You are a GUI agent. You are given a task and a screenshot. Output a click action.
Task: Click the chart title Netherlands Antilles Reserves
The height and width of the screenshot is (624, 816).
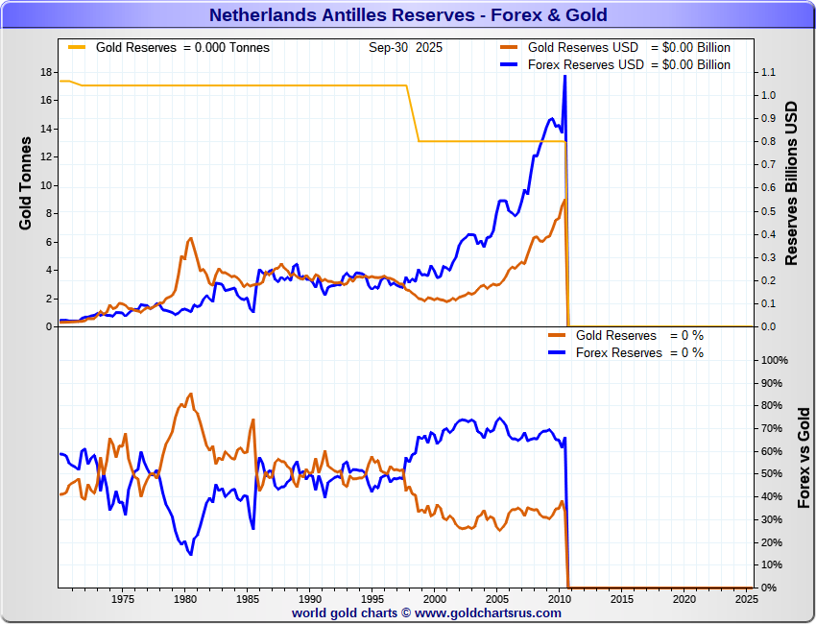click(408, 14)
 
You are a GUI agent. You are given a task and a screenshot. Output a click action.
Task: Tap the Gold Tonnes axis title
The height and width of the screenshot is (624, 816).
click(26, 182)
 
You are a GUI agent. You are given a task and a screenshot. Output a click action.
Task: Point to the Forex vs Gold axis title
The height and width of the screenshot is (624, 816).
click(804, 457)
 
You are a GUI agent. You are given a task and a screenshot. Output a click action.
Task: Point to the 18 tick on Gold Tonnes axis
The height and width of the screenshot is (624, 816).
click(45, 72)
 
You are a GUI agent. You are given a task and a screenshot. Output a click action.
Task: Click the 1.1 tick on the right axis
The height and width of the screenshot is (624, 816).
click(768, 72)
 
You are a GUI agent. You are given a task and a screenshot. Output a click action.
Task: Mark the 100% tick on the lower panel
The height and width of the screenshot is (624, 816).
click(774, 360)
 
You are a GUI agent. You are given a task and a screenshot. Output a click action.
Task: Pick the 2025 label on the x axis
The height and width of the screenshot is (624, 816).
click(746, 599)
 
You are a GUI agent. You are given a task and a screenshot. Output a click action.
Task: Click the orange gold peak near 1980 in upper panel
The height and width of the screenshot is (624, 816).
click(191, 238)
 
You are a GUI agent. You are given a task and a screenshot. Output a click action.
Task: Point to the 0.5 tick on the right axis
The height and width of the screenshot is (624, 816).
click(768, 211)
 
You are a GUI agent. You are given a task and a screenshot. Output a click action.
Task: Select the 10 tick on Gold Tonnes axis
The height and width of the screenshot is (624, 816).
click(45, 185)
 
